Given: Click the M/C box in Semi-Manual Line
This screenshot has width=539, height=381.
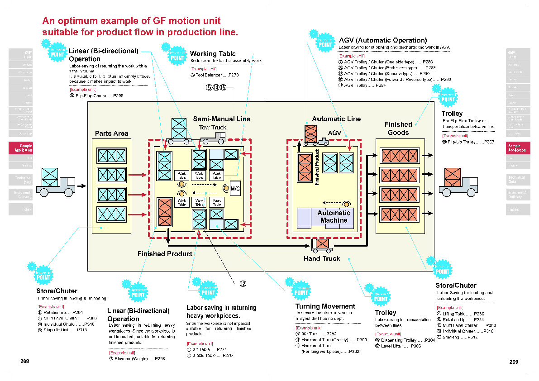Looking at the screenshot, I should [235, 189].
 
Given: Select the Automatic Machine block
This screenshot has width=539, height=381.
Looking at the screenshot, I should [334, 217].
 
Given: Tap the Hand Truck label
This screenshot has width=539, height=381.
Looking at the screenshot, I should [322, 259].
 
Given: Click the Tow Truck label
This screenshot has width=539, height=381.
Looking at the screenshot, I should [213, 128].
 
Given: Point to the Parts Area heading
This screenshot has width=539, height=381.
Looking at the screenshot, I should [111, 133].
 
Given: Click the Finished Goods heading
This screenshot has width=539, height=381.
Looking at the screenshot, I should [398, 129].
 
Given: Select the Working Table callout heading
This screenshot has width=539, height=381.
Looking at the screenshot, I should [213, 54].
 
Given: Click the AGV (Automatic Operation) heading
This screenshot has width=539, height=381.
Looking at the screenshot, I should [383, 40].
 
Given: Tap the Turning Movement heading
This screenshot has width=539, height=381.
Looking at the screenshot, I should [325, 306].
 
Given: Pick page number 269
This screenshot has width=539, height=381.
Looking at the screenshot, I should [514, 362].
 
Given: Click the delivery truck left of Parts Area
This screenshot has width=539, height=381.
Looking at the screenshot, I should [57, 182].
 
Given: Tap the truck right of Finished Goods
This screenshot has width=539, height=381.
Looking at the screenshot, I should [458, 182].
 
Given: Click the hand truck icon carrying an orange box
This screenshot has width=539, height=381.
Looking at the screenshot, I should [322, 245].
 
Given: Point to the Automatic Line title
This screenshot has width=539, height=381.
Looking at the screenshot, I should [336, 119].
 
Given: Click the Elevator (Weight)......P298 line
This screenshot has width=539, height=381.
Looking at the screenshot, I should [137, 359].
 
